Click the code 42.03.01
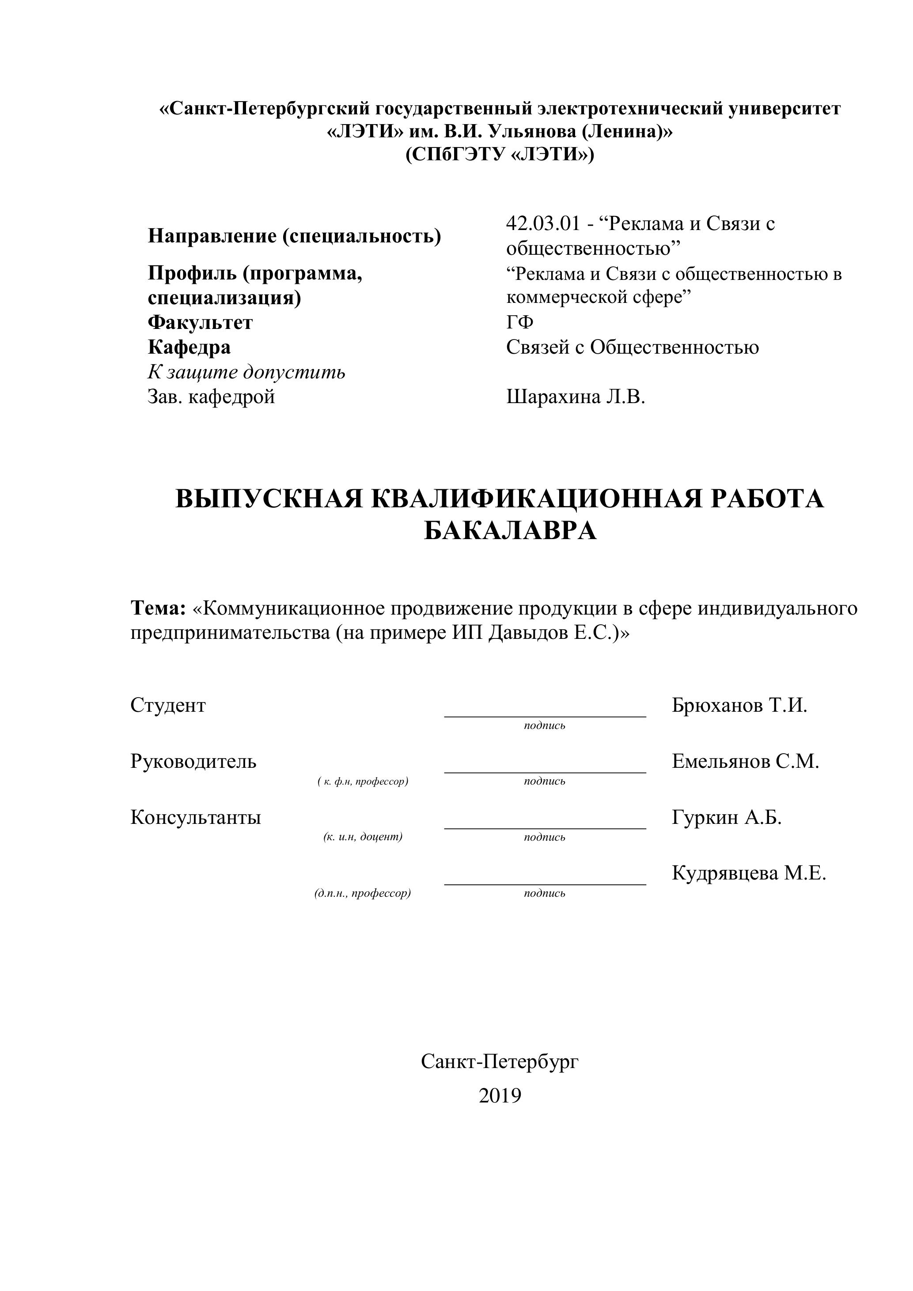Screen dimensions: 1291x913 (x=542, y=224)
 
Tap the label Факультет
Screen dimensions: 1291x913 (x=200, y=323)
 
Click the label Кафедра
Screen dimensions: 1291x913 (x=189, y=347)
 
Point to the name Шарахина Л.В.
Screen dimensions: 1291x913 (x=576, y=397)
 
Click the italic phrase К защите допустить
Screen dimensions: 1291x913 (x=246, y=372)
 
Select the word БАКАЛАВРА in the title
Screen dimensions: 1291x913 (x=510, y=530)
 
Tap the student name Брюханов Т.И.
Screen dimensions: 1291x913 (x=739, y=705)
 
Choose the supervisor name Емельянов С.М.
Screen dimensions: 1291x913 (x=745, y=761)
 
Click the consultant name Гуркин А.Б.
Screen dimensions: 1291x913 (x=727, y=817)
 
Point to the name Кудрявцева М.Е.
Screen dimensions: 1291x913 (x=749, y=873)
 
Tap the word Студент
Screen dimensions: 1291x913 (x=168, y=705)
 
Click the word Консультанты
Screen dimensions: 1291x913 (x=196, y=817)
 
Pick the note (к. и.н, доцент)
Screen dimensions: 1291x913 (x=363, y=837)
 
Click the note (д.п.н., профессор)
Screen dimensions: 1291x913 (x=363, y=893)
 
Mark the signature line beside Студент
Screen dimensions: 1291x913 (x=545, y=715)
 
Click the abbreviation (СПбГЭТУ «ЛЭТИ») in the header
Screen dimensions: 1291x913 (x=500, y=154)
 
